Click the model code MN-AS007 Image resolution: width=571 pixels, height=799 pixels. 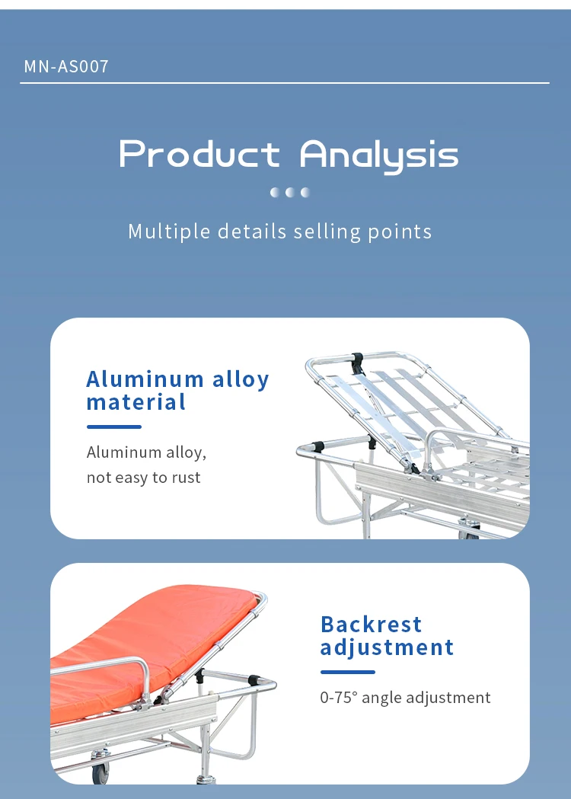66,66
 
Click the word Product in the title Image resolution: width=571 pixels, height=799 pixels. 199,153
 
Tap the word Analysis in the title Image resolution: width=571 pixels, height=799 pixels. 379,156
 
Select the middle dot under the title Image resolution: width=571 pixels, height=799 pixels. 290,192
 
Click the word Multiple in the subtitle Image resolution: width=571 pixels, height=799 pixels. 169,232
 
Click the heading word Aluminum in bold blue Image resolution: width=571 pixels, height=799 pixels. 145,379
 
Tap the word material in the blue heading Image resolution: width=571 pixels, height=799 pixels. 136,403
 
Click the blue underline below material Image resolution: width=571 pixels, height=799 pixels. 114,427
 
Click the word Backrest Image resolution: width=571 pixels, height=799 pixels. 372,625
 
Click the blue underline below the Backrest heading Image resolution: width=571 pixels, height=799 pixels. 348,672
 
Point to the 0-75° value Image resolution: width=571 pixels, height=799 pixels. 340,697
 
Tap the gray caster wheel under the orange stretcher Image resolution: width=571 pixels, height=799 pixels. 100,771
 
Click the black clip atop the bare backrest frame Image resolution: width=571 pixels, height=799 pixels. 358,361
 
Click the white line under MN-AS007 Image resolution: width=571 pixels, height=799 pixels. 285,82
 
